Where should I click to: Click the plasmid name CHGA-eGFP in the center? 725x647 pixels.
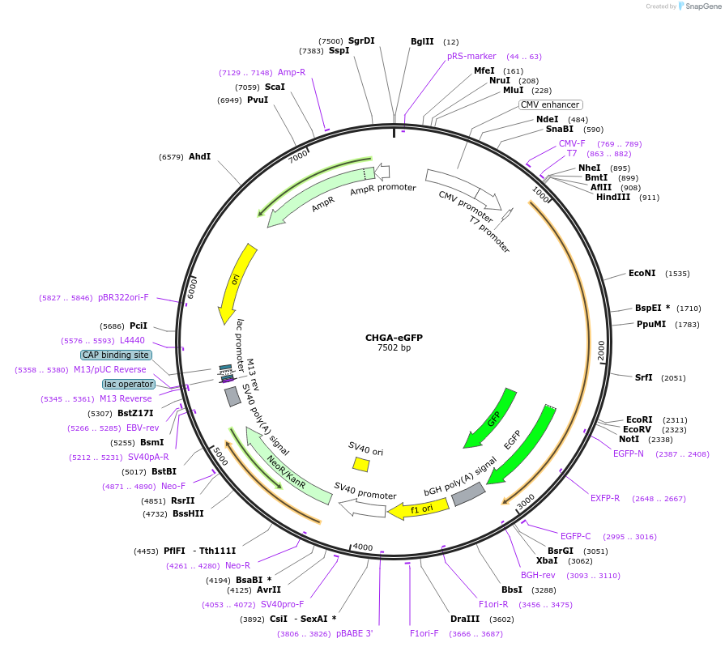click(394, 338)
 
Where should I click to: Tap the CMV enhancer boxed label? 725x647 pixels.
click(550, 104)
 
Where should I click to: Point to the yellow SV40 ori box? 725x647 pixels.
click(360, 464)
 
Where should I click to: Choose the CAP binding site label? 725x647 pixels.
click(116, 355)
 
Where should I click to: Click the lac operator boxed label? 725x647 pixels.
click(128, 384)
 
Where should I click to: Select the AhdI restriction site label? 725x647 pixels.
click(199, 156)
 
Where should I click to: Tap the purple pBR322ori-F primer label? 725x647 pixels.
click(123, 297)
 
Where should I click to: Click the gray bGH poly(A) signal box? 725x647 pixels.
click(468, 494)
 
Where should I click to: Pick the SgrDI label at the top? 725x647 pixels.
click(361, 40)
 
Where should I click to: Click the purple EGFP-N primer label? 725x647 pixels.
click(629, 453)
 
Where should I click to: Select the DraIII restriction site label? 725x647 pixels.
click(466, 619)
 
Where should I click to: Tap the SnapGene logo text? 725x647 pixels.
click(702, 6)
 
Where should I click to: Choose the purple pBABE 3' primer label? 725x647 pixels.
click(354, 633)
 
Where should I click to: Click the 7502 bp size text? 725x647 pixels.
click(394, 348)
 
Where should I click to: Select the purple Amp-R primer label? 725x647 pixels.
click(292, 72)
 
